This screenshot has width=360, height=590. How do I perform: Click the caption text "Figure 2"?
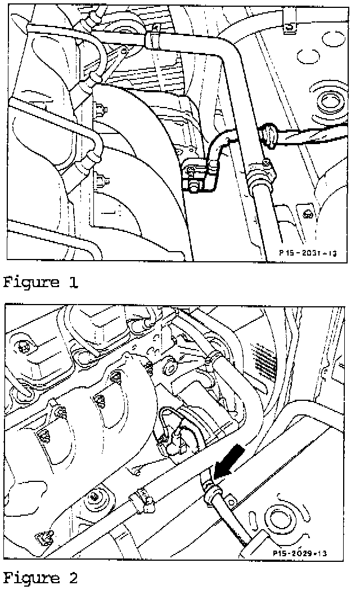pos(41,578)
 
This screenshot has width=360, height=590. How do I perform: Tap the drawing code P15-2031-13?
pos(307,254)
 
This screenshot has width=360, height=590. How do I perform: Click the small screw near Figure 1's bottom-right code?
pos(307,214)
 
